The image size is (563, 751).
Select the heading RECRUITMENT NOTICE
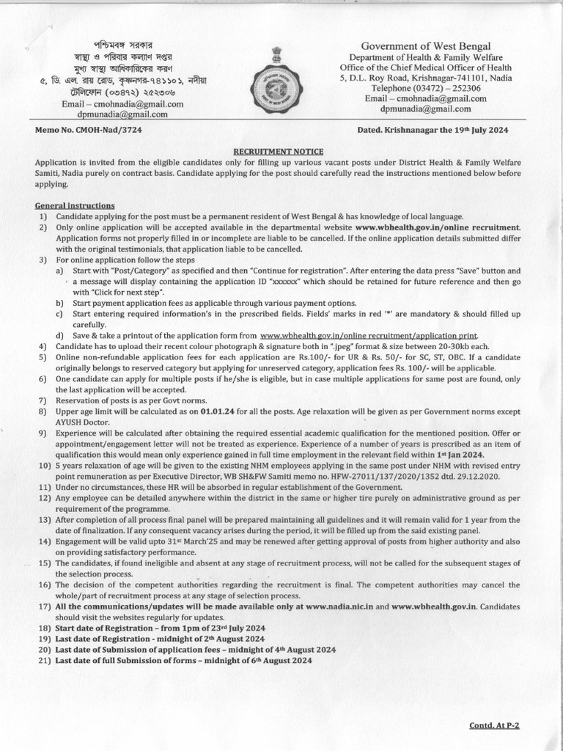coord(281,148)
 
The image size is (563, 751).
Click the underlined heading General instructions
coord(74,206)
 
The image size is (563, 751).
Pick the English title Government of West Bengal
coord(424,46)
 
